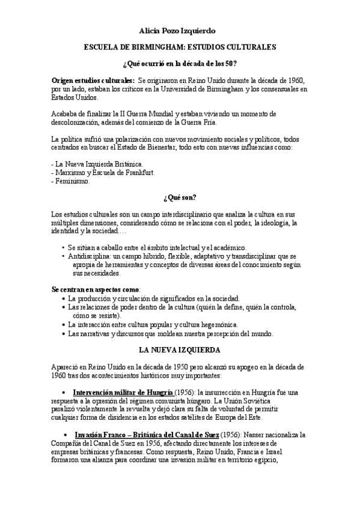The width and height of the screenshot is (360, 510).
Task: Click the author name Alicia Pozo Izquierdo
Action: click(x=180, y=29)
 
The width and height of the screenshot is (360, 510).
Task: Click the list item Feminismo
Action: click(x=72, y=182)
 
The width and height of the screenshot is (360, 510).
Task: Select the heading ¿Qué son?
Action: click(x=180, y=198)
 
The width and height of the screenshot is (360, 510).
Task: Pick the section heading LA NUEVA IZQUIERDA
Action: click(x=180, y=349)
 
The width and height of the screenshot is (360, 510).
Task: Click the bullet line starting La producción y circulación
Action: click(x=154, y=298)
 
